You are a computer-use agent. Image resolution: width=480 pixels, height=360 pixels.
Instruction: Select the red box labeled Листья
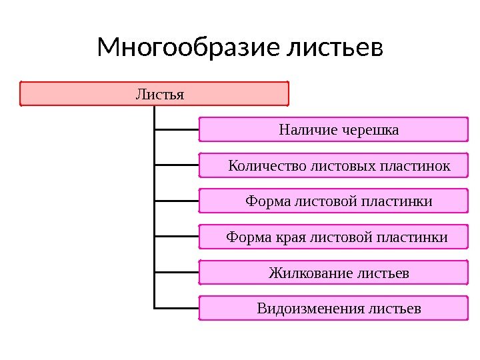[x=154, y=94]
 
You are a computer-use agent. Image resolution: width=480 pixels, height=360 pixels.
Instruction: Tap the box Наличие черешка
[x=333, y=129]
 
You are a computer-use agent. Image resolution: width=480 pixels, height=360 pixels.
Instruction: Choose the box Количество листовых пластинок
[x=333, y=165]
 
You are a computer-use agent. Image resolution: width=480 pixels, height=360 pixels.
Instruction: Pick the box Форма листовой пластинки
[x=333, y=201]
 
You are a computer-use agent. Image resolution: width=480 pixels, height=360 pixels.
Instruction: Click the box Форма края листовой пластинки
[x=333, y=237]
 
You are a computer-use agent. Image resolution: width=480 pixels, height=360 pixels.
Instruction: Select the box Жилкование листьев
[x=333, y=273]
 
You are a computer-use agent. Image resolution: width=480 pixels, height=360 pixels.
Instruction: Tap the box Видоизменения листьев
[x=333, y=309]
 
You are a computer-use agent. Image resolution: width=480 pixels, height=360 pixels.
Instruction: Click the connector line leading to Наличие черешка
[x=176, y=129]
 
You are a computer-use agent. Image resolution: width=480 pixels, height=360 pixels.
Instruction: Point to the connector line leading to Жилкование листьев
[x=176, y=273]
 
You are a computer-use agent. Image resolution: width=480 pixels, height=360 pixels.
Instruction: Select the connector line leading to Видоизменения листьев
[x=176, y=308]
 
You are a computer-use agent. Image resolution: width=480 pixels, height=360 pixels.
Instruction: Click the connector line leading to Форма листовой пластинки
[x=176, y=201]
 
